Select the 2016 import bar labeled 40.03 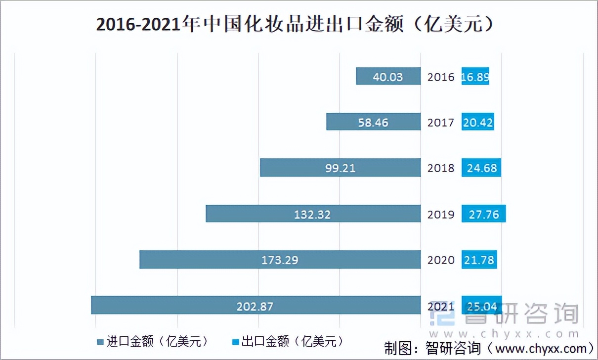(x=388, y=77)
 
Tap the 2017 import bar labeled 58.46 (x=374, y=122)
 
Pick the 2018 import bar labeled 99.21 (x=341, y=168)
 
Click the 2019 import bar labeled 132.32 (x=313, y=214)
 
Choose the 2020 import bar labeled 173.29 (x=280, y=260)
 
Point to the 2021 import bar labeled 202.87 (x=256, y=306)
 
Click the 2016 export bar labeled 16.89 (x=475, y=77)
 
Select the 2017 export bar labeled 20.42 (x=478, y=122)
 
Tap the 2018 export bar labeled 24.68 (x=481, y=168)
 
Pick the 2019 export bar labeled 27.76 (x=484, y=214)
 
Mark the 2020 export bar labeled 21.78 (x=479, y=260)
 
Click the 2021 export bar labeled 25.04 (x=482, y=306)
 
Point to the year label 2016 (x=441, y=77)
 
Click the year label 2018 (x=441, y=169)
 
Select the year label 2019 (x=441, y=215)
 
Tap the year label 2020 (x=441, y=260)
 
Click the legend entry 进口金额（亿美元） (x=153, y=342)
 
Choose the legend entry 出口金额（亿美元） (x=287, y=342)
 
